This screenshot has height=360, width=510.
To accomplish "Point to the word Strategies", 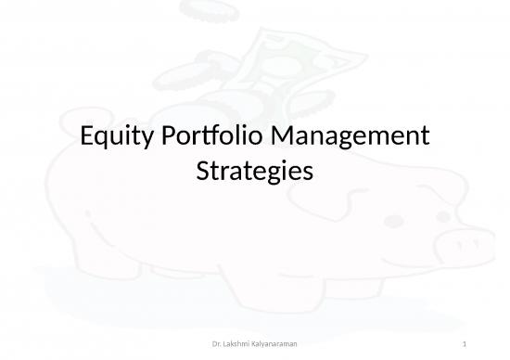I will (x=255, y=171).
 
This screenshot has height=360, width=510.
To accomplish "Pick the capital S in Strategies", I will (x=205, y=171).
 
